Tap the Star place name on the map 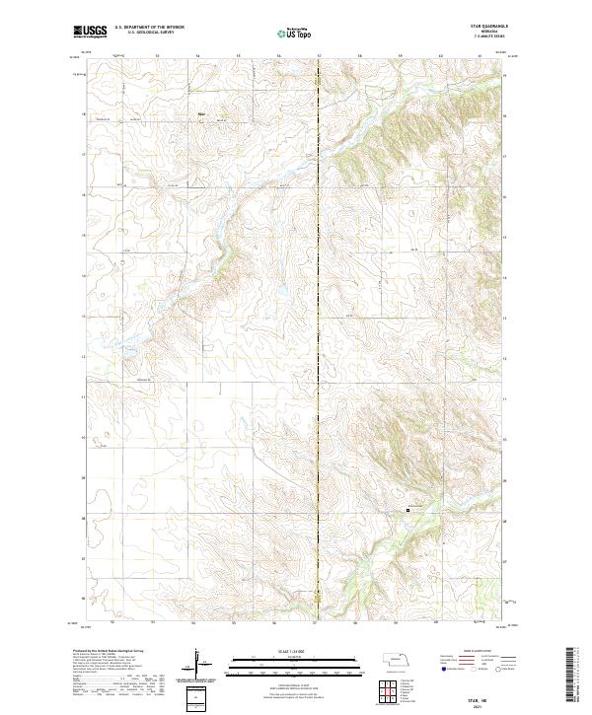(x=201, y=112)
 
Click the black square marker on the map (x=408, y=510)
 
